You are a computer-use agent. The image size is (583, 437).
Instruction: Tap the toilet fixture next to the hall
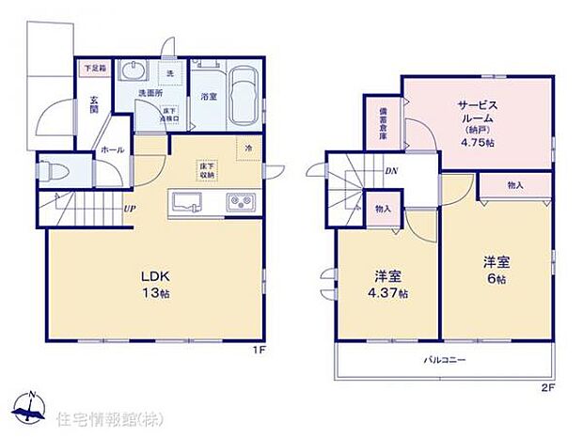(54, 173)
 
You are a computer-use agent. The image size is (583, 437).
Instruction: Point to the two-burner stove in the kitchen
(239, 202)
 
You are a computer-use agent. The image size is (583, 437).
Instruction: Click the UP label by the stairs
(129, 209)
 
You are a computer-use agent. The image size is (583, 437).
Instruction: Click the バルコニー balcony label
(438, 360)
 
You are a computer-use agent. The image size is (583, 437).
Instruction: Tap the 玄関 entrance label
(95, 102)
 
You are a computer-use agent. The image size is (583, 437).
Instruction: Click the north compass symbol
(29, 407)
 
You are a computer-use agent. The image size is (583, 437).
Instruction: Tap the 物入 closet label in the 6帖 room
(514, 186)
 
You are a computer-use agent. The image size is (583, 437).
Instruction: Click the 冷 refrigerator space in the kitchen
(248, 148)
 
